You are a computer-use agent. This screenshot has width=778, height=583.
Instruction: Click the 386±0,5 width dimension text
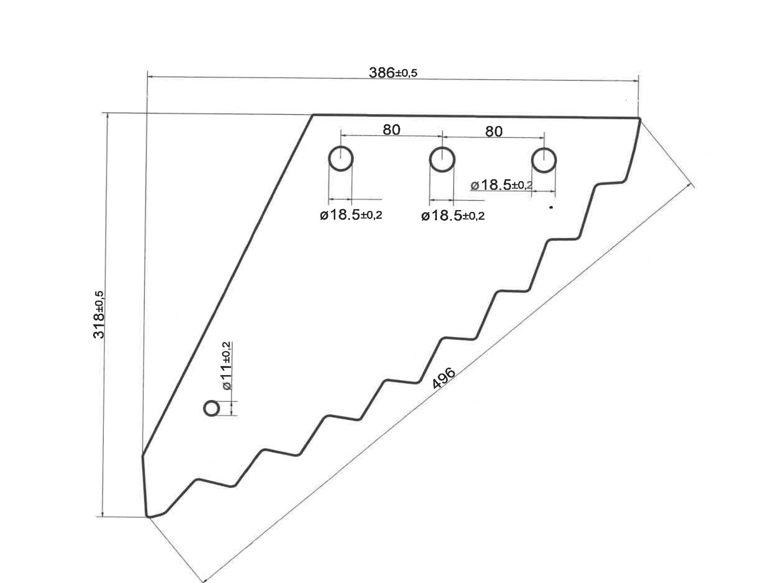pos(393,73)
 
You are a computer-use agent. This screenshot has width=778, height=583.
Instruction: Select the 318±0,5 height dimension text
pos(99,314)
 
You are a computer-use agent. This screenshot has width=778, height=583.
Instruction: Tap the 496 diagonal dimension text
pos(444,378)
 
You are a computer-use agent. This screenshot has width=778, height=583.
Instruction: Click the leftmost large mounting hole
pos(340,159)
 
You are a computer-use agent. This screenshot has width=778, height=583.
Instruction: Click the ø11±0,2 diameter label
pos(227,365)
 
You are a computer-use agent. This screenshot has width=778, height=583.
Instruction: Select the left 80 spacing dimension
pos(391,130)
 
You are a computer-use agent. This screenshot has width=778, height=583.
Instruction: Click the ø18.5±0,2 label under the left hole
pos(351,215)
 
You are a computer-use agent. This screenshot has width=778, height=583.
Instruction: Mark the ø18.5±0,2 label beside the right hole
pos(501,185)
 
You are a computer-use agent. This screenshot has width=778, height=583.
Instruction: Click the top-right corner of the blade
pos(639,119)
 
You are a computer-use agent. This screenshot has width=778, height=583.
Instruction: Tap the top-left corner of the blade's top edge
pos(313,115)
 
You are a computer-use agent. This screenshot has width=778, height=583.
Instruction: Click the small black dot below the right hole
pos(551,207)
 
